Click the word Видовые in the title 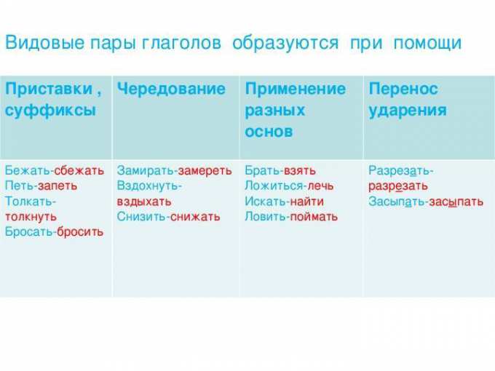pyautogui.click(x=45, y=43)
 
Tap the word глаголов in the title pyautogui.click(x=181, y=43)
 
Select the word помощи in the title pyautogui.click(x=427, y=43)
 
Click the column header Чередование pyautogui.click(x=171, y=89)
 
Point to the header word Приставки pyautogui.click(x=49, y=89)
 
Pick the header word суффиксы pyautogui.click(x=50, y=111)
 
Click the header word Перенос pyautogui.click(x=403, y=89)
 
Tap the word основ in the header pyautogui.click(x=269, y=132)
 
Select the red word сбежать pyautogui.click(x=79, y=170)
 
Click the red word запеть pyautogui.click(x=58, y=185)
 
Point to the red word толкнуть pyautogui.click(x=31, y=217)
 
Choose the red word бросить pyautogui.click(x=80, y=232)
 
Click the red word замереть pyautogui.click(x=205, y=171)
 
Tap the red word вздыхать pyautogui.click(x=144, y=202)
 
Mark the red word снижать pyautogui.click(x=195, y=217)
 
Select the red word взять pyautogui.click(x=300, y=171)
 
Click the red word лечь pyautogui.click(x=320, y=185)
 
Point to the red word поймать pyautogui.click(x=314, y=217)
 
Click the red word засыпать pyautogui.click(x=456, y=202)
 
